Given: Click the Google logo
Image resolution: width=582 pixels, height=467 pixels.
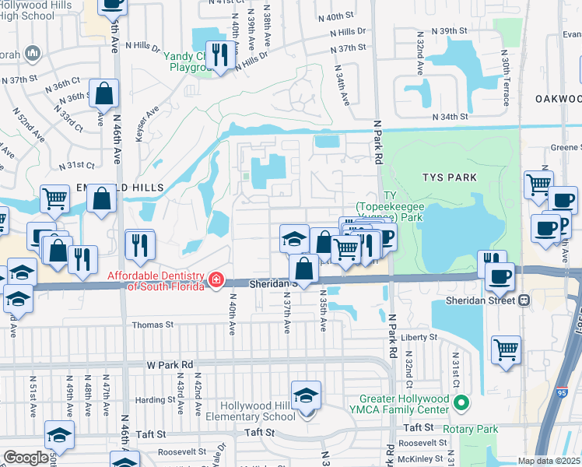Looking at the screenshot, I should pyautogui.click(x=26, y=458).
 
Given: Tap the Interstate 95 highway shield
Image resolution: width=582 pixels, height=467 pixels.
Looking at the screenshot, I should pyautogui.click(x=563, y=395).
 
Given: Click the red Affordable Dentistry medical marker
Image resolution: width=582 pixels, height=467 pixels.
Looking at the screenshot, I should pyautogui.click(x=216, y=279).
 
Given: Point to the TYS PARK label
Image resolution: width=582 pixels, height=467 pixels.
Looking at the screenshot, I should pyautogui.click(x=452, y=177).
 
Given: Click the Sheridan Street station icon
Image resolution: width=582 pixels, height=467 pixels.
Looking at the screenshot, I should pyautogui.click(x=526, y=300).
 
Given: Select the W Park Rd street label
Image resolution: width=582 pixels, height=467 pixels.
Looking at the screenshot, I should pyautogui.click(x=170, y=364).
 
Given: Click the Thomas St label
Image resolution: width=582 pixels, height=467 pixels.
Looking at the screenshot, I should pyautogui.click(x=153, y=325).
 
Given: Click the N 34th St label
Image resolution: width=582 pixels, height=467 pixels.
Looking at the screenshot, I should pyautogui.click(x=451, y=117).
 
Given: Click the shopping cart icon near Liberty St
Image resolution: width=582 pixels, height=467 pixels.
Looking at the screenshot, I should pyautogui.click(x=506, y=349).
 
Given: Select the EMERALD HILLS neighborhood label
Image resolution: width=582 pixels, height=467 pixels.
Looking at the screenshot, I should pyautogui.click(x=120, y=188).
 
